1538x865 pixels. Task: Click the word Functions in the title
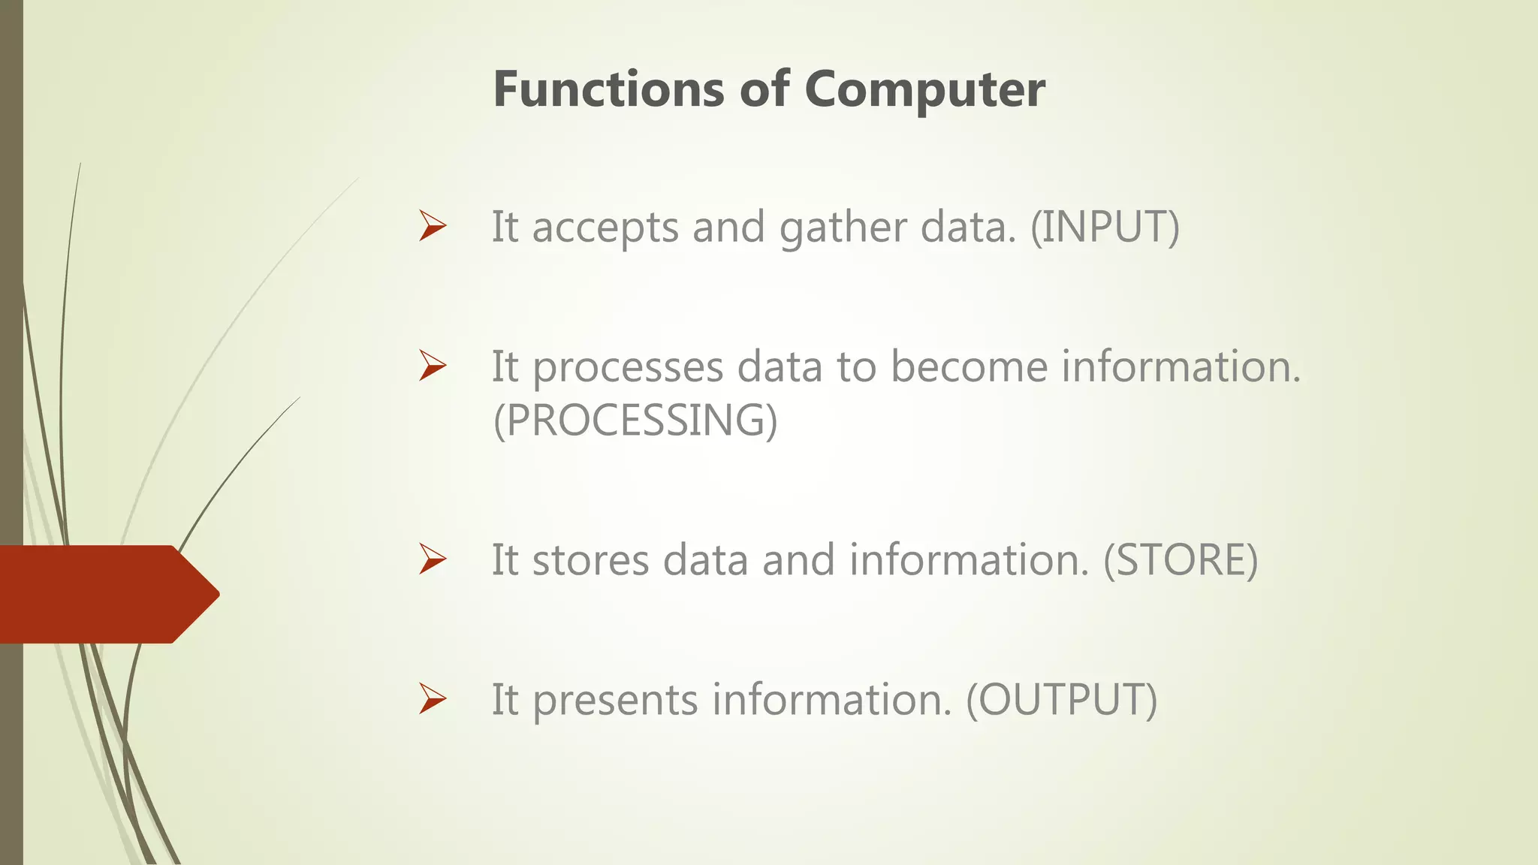point(609,89)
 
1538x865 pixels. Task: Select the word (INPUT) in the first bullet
point(1105,227)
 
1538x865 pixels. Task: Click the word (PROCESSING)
point(635,420)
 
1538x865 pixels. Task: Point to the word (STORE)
point(1180,560)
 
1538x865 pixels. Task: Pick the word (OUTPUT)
point(1061,700)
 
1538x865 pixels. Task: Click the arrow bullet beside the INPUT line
point(433,226)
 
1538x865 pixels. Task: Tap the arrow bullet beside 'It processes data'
point(433,366)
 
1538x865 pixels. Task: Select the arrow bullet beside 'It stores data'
point(433,559)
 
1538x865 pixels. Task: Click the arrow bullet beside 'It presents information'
point(433,699)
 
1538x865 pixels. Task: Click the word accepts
point(605,228)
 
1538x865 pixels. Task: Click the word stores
point(590,560)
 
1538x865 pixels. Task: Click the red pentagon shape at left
point(105,594)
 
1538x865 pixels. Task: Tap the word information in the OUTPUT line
point(832,700)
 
